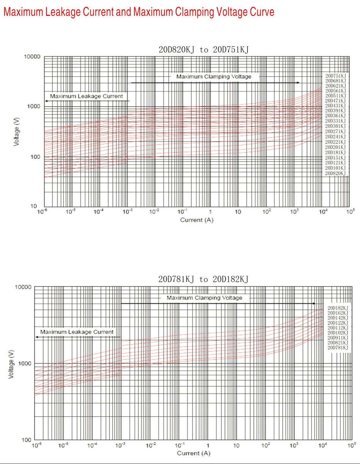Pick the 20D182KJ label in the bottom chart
(x=338, y=308)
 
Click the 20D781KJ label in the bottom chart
(x=338, y=348)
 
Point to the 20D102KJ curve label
(x=338, y=333)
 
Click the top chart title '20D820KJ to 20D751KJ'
(x=203, y=50)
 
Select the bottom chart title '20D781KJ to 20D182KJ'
(x=203, y=280)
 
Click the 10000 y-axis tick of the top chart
(x=33, y=57)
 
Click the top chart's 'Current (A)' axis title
(x=197, y=220)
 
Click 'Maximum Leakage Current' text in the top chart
(x=86, y=96)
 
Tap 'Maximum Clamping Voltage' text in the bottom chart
(x=204, y=298)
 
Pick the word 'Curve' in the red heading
(x=261, y=13)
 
